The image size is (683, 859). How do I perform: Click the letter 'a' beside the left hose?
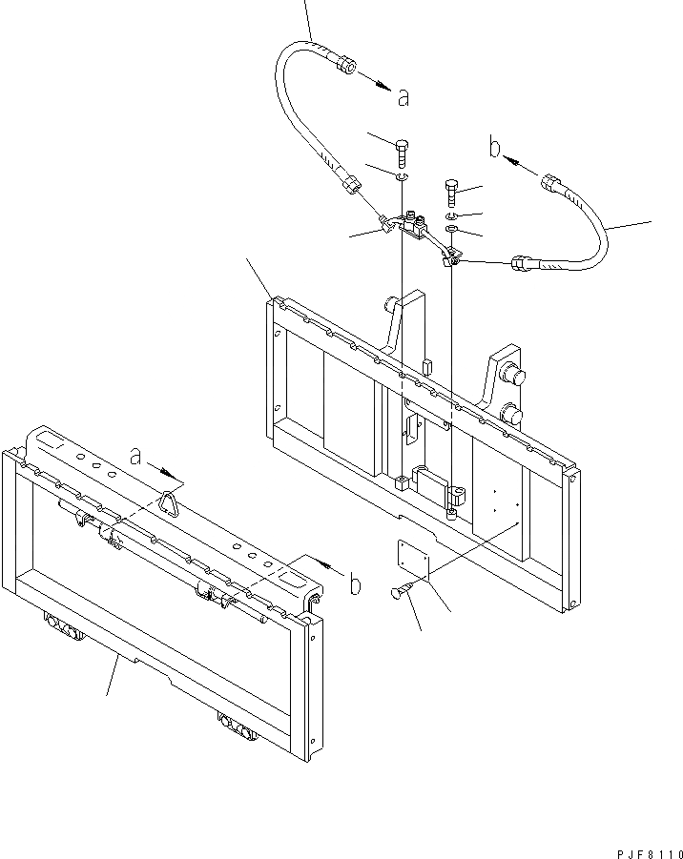404,95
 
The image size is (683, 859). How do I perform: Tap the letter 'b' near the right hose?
495,147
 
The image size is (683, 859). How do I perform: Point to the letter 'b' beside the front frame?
355,584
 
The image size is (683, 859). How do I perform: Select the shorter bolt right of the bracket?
452,194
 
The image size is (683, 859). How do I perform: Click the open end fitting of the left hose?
346,69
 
